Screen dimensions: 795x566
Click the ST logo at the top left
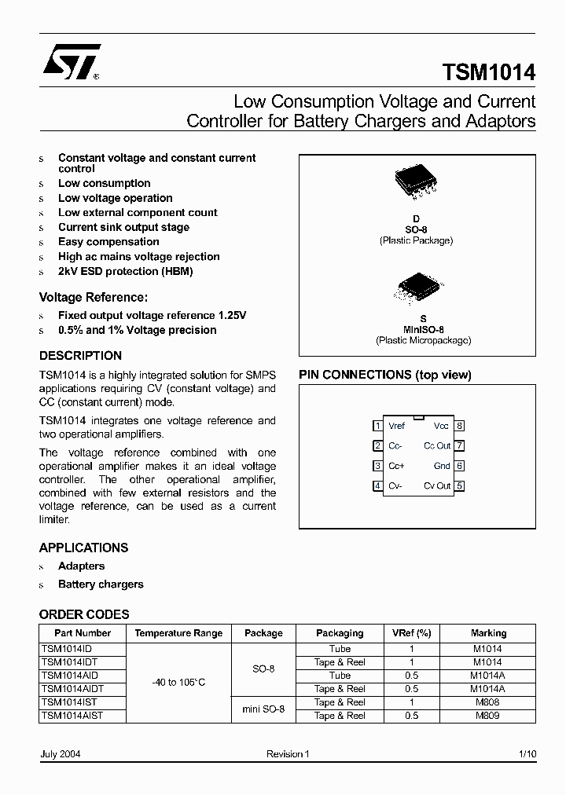point(71,64)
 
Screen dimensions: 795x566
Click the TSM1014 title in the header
point(489,73)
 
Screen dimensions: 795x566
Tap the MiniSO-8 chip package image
point(417,288)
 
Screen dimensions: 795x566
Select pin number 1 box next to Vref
point(377,426)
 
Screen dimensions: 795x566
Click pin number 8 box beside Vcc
point(460,426)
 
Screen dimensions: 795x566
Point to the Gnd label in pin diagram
point(442,466)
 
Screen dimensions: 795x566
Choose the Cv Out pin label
point(437,485)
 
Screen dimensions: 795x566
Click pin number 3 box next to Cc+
point(377,466)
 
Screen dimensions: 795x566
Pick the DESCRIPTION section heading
point(80,356)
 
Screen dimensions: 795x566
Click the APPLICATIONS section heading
point(83,548)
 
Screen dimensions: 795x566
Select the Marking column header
point(488,633)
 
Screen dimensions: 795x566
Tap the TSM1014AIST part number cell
point(72,716)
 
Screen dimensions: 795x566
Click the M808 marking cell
point(488,702)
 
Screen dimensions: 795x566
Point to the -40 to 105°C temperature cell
point(178,682)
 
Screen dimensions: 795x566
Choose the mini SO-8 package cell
point(263,709)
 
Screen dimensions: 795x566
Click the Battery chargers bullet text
point(101,584)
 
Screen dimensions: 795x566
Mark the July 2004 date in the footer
point(60,754)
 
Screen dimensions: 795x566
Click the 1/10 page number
point(527,754)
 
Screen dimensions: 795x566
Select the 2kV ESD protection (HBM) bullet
point(125,271)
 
